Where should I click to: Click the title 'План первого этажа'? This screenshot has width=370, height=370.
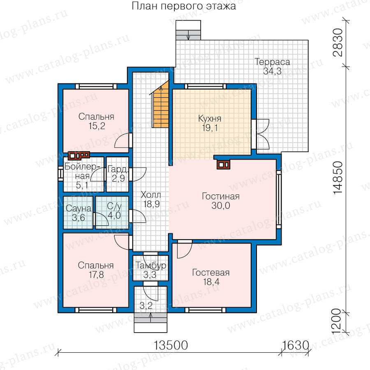pos(184,6)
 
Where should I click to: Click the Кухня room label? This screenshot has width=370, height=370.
pos(210,118)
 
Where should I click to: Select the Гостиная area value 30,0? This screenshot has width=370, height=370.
pos(221,206)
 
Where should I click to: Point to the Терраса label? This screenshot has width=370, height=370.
pos(272,62)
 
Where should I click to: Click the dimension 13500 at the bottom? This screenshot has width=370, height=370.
pos(171,345)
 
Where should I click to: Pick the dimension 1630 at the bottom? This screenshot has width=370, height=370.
pos(295,345)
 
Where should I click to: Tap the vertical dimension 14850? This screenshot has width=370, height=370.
pos(338,178)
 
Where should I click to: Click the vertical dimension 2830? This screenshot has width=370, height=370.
pos(338,42)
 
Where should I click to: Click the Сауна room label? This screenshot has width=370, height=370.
pos(79,208)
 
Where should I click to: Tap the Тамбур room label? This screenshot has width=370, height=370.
pos(150,266)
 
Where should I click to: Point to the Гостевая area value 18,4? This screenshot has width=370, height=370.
pos(211,282)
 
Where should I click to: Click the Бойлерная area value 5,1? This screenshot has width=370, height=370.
pos(82,185)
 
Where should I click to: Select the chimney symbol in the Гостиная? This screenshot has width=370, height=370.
pos(223,164)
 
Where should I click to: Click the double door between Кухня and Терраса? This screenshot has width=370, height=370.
pos(261,134)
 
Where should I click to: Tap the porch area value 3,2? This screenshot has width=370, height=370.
pos(146,306)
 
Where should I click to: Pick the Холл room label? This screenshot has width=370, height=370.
pos(151,195)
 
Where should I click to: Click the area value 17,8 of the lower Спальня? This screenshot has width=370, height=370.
pos(96,275)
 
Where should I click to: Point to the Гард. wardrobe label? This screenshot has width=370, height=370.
pos(118,169)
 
